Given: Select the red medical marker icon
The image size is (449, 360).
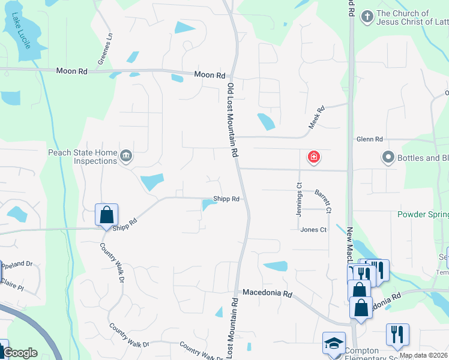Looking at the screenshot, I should (x=313, y=158).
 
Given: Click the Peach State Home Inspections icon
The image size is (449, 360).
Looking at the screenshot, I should (x=126, y=157).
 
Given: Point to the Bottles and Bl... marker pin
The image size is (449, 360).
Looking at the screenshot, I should (x=387, y=158).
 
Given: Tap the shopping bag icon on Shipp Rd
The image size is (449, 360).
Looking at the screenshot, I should (x=106, y=215).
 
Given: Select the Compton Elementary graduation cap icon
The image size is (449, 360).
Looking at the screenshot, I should (x=333, y=343).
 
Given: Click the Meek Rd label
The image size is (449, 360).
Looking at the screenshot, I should (x=316, y=118).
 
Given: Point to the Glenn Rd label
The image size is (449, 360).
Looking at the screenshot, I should (x=369, y=139).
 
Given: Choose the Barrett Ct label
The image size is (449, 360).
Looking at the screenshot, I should (x=322, y=202).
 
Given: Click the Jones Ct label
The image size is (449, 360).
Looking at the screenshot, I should (x=313, y=230).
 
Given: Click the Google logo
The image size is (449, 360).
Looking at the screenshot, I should (x=20, y=353).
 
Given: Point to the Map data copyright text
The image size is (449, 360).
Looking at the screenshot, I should (x=423, y=355).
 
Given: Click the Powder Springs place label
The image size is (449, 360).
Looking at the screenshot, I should (x=423, y=214).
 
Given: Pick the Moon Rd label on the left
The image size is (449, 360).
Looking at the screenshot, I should (x=71, y=71).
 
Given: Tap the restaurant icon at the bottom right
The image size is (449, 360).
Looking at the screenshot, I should (x=397, y=334).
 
